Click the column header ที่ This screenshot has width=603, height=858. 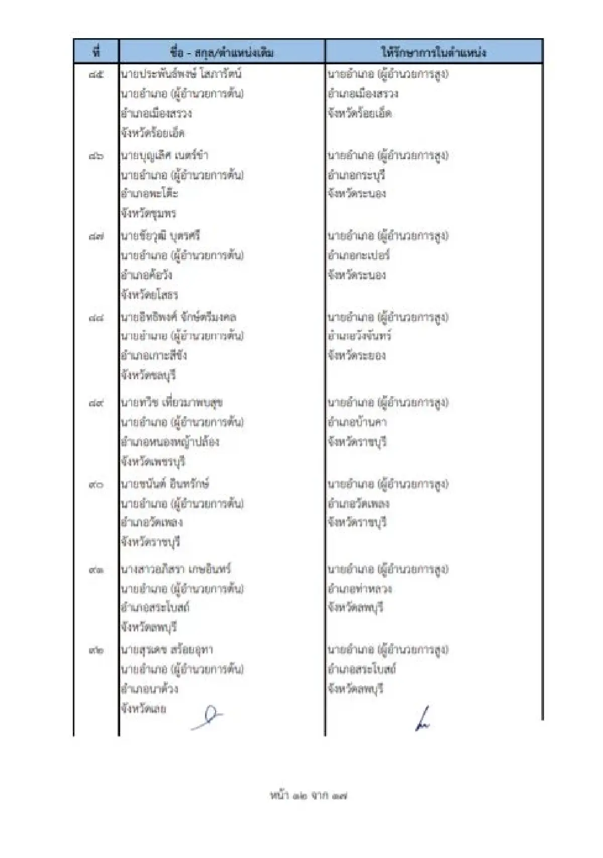[x=96, y=52]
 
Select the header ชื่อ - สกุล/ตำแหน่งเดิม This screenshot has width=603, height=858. [x=222, y=52]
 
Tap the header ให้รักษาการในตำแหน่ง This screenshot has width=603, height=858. [x=433, y=52]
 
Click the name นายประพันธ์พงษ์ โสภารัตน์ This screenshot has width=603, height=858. [x=181, y=74]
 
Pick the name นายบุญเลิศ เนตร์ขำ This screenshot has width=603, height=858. [x=164, y=156]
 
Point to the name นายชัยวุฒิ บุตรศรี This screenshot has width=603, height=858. [x=160, y=236]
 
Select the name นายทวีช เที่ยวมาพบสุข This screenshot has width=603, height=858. [x=171, y=403]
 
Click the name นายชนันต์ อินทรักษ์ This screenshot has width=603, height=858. [x=165, y=484]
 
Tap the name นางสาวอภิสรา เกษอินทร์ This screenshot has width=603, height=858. [x=175, y=569]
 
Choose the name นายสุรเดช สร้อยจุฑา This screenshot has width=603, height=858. [x=167, y=650]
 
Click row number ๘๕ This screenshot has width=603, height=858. [x=96, y=75]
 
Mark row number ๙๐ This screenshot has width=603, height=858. [x=96, y=484]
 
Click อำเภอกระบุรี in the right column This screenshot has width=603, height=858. [x=356, y=175]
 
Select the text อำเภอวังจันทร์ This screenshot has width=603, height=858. [x=359, y=336]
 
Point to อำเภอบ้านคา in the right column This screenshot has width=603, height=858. [x=357, y=422]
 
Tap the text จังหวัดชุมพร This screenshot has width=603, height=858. [x=148, y=213]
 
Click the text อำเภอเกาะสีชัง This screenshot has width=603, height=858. [x=154, y=355]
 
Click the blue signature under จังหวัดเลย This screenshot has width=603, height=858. [x=208, y=718]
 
